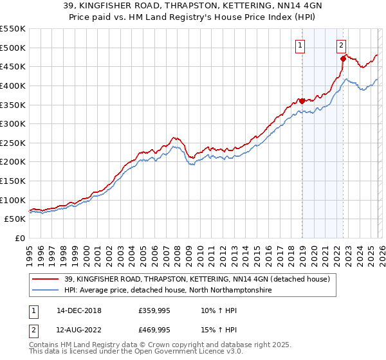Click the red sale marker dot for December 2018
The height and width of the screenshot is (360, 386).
(302, 100)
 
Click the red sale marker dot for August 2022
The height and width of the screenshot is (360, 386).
(343, 59)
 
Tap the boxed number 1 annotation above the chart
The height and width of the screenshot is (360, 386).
(301, 45)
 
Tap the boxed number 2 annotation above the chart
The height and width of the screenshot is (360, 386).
(341, 45)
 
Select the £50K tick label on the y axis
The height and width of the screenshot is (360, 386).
(15, 219)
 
